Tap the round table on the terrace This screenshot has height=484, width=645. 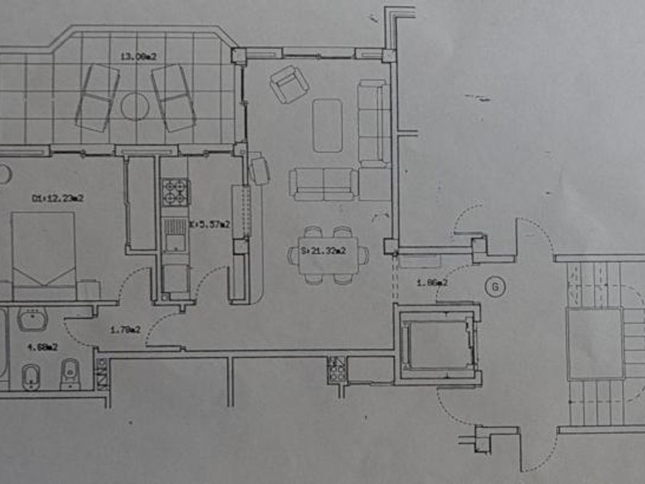(134, 106)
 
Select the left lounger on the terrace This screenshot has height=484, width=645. (98, 97)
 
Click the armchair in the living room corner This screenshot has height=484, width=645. (289, 84)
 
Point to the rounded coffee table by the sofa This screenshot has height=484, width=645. (327, 125)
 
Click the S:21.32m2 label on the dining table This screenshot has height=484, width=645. (323, 250)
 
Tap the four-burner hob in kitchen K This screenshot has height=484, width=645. (174, 192)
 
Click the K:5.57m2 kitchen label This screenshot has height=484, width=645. (209, 224)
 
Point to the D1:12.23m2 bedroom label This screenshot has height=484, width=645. (58, 198)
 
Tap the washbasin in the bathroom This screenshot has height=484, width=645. (32, 319)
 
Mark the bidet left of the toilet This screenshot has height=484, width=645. (31, 375)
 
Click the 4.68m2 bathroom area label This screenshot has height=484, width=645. (43, 346)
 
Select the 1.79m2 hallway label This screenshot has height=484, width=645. (124, 330)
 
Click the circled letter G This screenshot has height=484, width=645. (496, 287)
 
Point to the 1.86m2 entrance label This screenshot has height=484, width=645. (432, 283)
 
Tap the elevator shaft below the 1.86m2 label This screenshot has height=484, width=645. (437, 343)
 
